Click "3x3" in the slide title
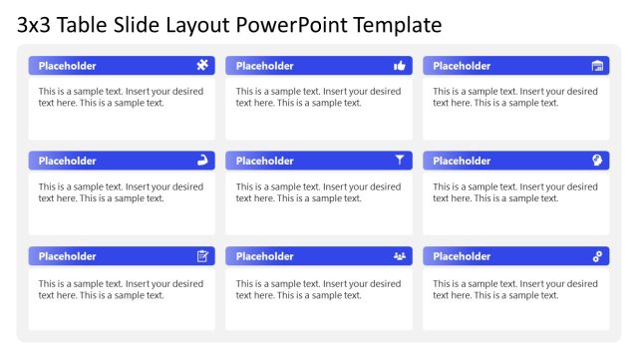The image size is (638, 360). point(34,24)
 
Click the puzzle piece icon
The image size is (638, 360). point(202,66)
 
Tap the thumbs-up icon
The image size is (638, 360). point(400,66)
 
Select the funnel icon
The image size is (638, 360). point(400,160)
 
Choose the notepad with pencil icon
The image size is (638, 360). point(202,256)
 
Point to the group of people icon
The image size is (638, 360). point(400,256)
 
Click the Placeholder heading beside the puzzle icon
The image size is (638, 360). point(68,66)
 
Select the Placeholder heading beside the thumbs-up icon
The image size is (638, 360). point(265,66)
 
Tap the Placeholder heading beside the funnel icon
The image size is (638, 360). point(265,161)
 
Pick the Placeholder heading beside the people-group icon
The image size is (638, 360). point(265,256)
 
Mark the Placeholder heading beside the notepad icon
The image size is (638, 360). point(68,256)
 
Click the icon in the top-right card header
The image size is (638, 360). point(597,66)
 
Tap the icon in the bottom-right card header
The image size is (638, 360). point(597,256)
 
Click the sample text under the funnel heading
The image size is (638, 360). point(318,192)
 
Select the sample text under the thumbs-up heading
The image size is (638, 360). point(318,97)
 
